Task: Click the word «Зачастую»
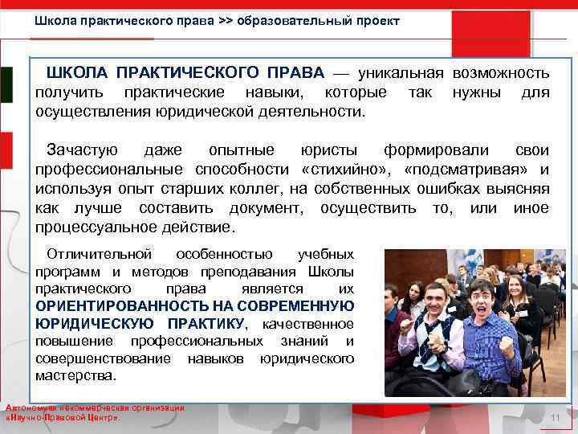83,150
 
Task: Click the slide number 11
555,419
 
